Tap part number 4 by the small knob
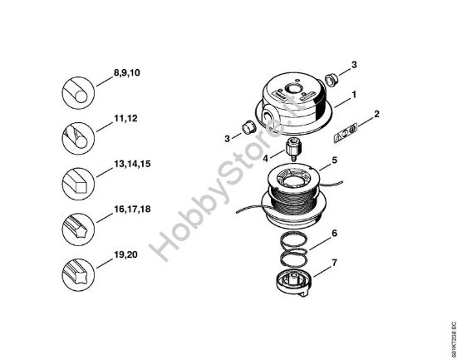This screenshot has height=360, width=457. pos(266,155)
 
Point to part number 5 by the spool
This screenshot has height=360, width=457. pos(334,159)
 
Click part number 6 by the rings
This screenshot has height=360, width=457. pos(334,234)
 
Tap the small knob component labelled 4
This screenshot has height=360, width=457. pos(292,152)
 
